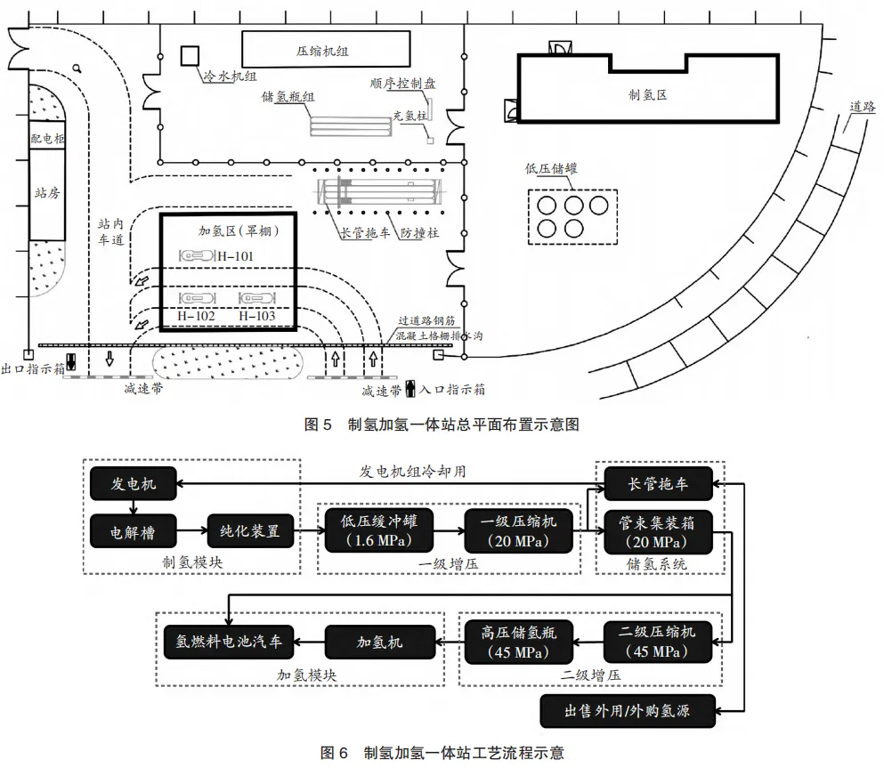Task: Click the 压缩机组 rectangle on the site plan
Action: point(326,49)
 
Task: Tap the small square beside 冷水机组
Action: point(190,56)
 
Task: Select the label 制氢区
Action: point(648,94)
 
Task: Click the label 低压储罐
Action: point(551,168)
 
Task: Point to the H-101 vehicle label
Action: point(235,256)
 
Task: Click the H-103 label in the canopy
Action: point(257,316)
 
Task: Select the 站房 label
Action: point(47,193)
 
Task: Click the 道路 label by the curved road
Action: point(862,107)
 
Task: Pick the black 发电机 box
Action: point(133,483)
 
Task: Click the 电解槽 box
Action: point(133,531)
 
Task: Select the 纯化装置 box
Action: point(250,530)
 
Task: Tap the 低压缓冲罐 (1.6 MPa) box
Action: point(379,530)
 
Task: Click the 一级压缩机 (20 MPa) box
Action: point(518,530)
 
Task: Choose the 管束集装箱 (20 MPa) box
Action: point(658,532)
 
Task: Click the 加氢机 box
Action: point(380,642)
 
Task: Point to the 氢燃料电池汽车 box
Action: point(228,642)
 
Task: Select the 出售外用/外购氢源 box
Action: point(628,711)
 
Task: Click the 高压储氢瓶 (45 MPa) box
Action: point(519,643)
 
